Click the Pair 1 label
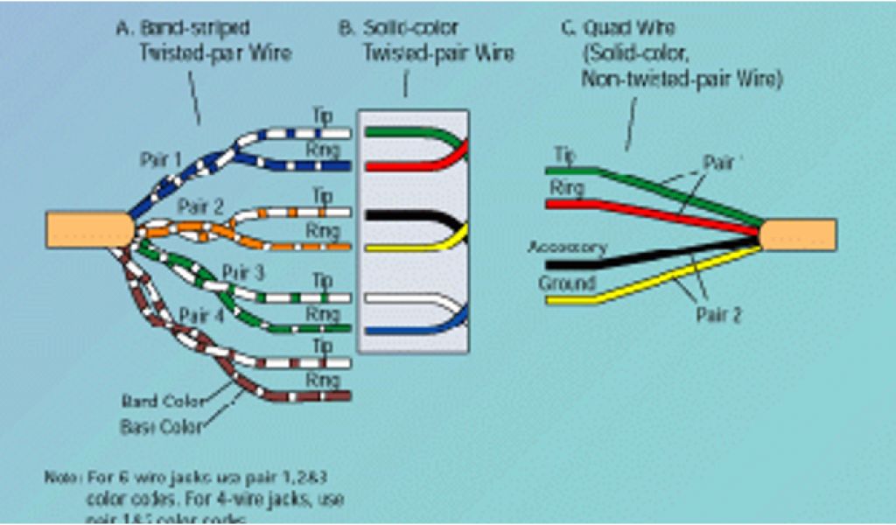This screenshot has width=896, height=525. [x=161, y=161]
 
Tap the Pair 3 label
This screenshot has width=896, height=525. [x=242, y=271]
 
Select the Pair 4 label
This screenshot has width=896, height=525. [x=201, y=315]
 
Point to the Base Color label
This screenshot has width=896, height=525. [x=161, y=427]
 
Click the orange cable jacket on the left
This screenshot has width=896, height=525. [x=87, y=230]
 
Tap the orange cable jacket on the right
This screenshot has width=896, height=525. [x=798, y=234]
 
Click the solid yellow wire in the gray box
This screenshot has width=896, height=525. [x=402, y=247]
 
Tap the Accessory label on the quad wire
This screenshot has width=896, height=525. [x=566, y=248]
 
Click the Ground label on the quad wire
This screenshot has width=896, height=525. [x=566, y=283]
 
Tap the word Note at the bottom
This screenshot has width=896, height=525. [x=61, y=478]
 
